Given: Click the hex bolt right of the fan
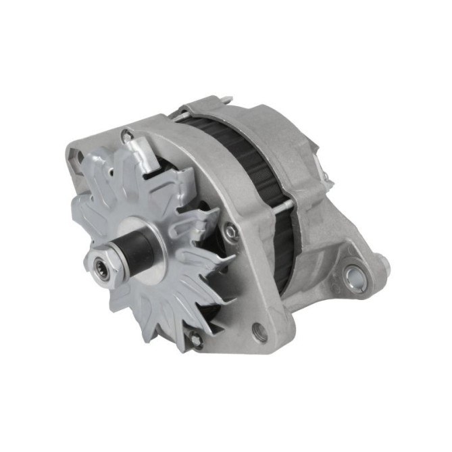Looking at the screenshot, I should (232, 232).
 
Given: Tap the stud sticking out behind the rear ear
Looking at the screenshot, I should (383, 259).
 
